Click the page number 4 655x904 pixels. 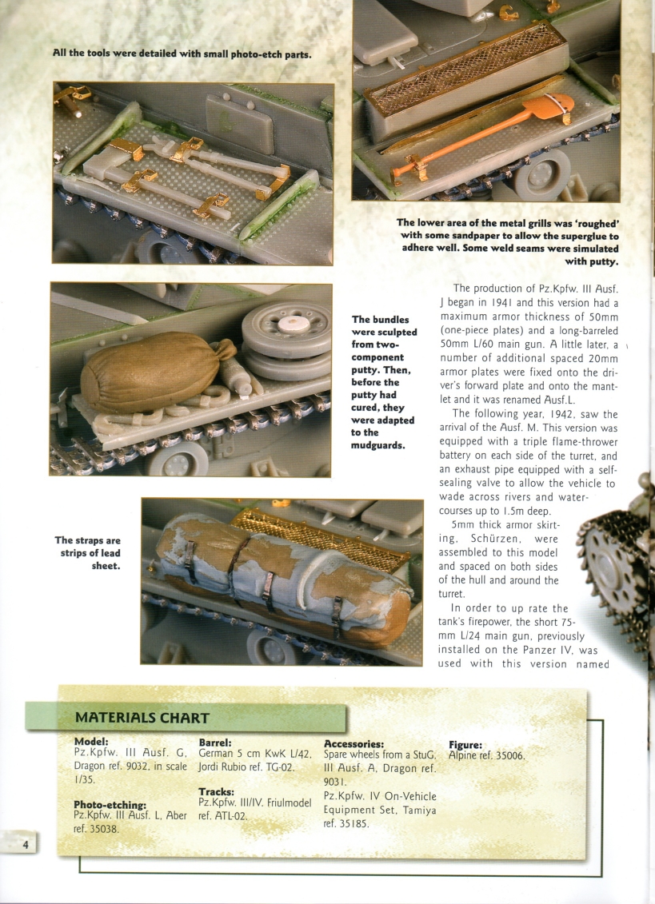pos(26,845)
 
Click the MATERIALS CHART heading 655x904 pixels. pos(142,718)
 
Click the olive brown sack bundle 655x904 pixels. pos(150,371)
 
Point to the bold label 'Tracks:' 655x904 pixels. pos(216,791)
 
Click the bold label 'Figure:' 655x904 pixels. pos(465,744)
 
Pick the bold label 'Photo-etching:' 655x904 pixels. pos(110,804)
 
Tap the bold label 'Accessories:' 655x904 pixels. pos(354,743)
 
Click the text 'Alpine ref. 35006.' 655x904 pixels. pos(486,755)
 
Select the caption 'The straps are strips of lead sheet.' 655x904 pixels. pos(87,553)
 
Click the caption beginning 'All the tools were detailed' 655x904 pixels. pos(182,54)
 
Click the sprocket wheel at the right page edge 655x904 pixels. pos(619,560)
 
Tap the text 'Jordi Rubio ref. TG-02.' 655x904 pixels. pos(246,767)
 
